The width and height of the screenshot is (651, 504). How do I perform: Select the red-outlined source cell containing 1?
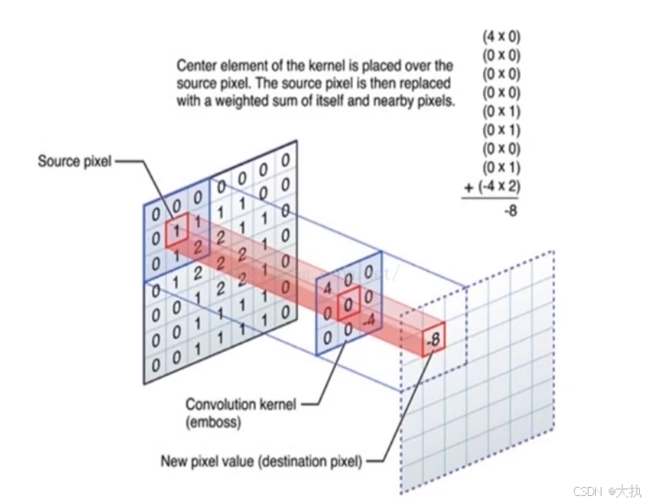pos(177,231)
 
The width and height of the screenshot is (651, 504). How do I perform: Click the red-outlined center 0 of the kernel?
pos(348,304)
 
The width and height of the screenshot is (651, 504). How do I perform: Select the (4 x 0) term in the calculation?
pos(502,37)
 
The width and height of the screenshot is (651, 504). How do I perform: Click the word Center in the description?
pos(196,64)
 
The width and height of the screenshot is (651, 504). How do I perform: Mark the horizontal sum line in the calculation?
pos(492,198)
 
